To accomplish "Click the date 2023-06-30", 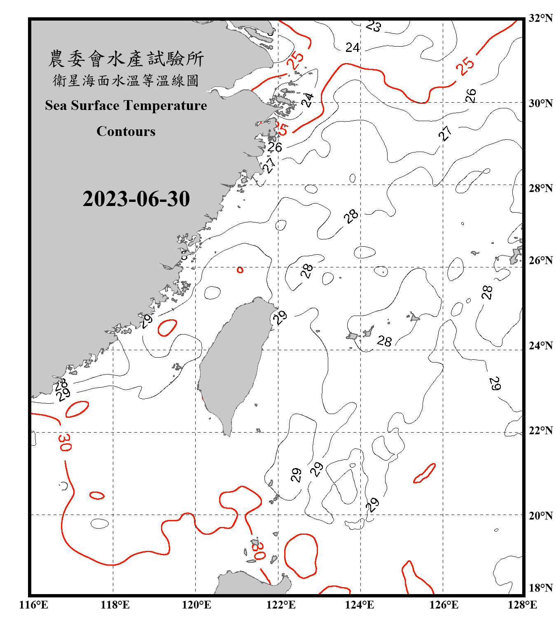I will tap(136, 199).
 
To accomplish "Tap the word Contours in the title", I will tap(126, 131).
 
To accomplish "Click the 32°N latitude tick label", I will tap(540, 18).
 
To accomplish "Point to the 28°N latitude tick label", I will tap(540, 188).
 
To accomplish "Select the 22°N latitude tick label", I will tap(540, 431).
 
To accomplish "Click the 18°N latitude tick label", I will tap(540, 588).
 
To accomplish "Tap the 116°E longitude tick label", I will tap(34, 605).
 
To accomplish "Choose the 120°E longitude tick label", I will tap(197, 605).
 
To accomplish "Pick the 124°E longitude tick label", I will tap(360, 605).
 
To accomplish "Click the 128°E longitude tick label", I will tap(522, 605).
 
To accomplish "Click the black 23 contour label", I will tap(374, 26).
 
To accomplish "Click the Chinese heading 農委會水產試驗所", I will tap(126, 59).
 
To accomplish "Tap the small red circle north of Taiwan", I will tap(240, 270).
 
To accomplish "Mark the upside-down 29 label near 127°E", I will tap(495, 384).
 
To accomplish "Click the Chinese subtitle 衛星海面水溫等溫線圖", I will tap(126, 81).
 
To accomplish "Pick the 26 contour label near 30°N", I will tap(471, 96).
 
